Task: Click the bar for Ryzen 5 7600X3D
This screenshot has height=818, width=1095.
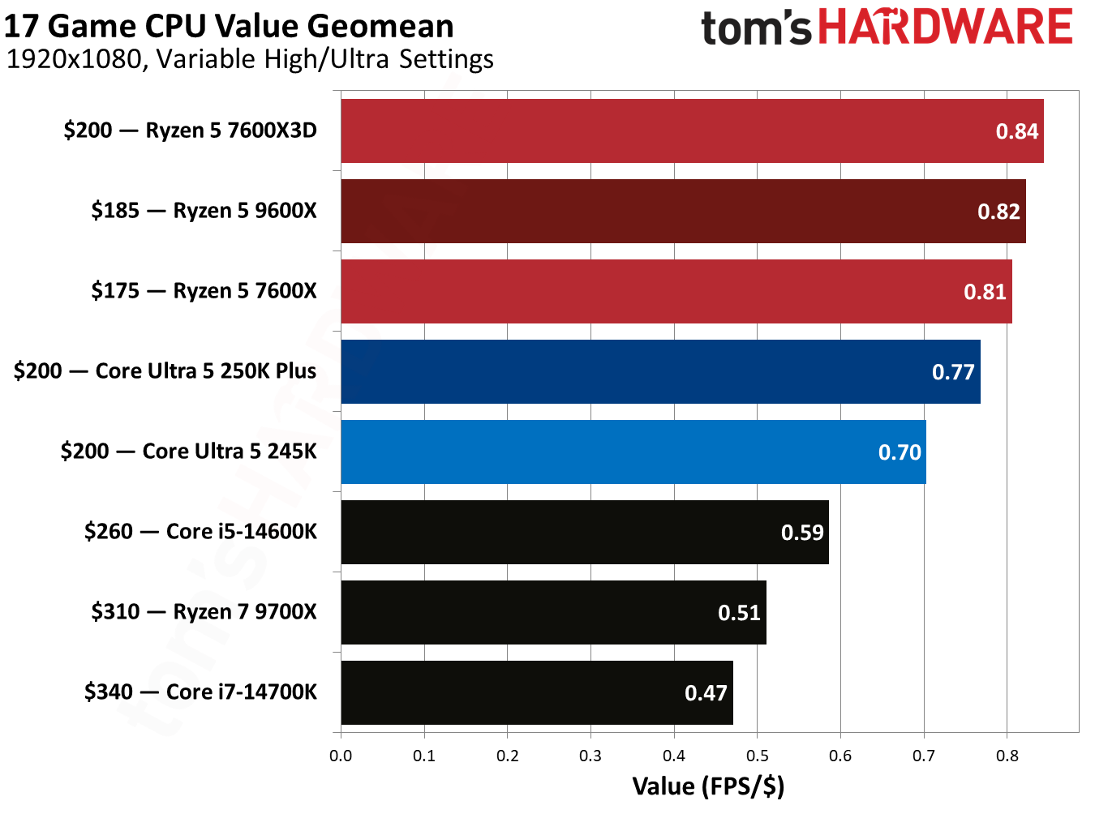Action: tap(665, 131)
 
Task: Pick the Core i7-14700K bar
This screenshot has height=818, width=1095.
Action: tap(519, 693)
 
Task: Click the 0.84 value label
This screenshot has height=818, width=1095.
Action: tap(1016, 131)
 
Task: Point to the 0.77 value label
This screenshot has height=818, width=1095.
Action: tap(952, 372)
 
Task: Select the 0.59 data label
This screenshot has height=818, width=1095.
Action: tap(801, 533)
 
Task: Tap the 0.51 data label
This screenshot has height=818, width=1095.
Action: tap(739, 613)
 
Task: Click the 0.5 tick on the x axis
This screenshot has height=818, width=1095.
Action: tap(757, 756)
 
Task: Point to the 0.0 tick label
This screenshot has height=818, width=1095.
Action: tap(341, 756)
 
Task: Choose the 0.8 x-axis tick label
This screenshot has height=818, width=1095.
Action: tap(1007, 756)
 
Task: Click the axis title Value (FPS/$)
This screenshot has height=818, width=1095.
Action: tap(708, 786)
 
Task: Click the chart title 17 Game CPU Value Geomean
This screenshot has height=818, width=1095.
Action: tap(229, 26)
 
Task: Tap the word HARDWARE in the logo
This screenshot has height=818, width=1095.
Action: tap(946, 27)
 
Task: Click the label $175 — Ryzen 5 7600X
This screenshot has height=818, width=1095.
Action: tap(204, 291)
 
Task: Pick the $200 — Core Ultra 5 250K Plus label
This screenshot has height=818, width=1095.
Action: tap(165, 371)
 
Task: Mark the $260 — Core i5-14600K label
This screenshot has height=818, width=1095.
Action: tap(200, 532)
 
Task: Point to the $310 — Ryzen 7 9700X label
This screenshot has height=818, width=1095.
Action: tap(204, 612)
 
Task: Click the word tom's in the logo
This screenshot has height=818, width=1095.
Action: tap(755, 28)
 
